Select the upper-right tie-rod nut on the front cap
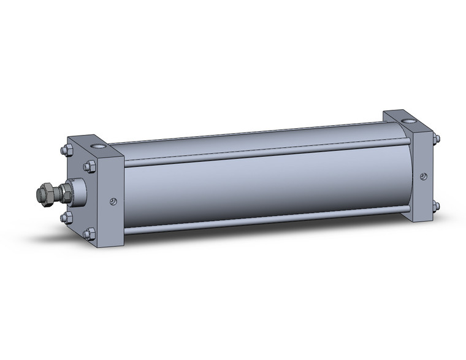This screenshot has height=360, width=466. pyautogui.click(x=90, y=166)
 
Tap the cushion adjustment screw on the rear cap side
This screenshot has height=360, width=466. pyautogui.click(x=423, y=177)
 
